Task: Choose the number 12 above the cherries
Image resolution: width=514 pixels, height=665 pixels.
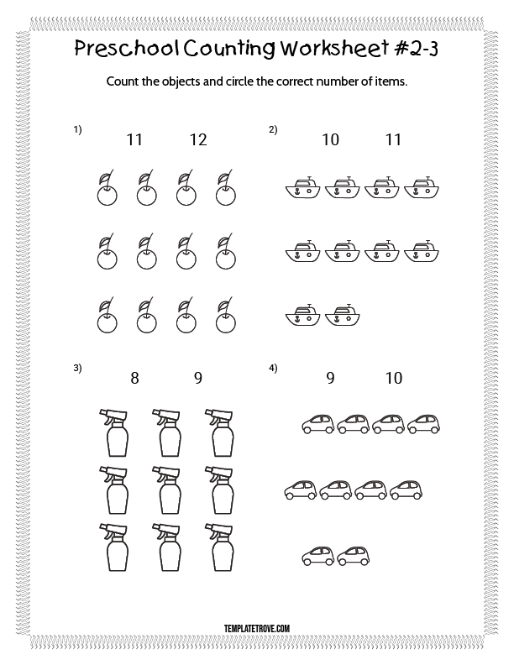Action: [197, 140]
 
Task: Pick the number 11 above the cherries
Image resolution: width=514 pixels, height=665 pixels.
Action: [134, 140]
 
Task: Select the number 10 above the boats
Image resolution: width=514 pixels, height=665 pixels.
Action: [330, 140]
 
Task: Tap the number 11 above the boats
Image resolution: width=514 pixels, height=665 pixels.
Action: [393, 140]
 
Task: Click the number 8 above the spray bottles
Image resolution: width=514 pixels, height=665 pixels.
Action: [134, 378]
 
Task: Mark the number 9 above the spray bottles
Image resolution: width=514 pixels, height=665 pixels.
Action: [197, 378]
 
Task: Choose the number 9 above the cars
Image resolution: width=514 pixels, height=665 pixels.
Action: [330, 378]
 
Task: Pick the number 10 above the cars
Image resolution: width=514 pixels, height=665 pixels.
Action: [393, 378]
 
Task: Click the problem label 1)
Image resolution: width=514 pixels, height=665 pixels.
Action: [78, 129]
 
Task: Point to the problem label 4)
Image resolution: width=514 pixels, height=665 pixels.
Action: [273, 368]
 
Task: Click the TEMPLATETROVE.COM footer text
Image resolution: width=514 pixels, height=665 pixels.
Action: [257, 626]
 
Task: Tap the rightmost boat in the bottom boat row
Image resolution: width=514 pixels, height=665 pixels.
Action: [342, 314]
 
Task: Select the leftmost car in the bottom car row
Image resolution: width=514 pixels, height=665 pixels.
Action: [317, 554]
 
